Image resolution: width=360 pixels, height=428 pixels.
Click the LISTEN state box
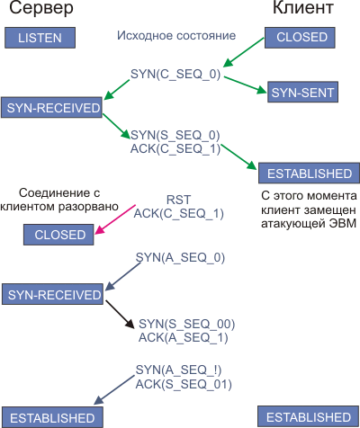pos(40,38)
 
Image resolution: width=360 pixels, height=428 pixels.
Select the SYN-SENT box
pos(302,92)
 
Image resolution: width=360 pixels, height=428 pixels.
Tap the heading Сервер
pos(41,8)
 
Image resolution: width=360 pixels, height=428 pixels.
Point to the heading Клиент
pos(303,8)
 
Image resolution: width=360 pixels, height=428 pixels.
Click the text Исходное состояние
pos(176,36)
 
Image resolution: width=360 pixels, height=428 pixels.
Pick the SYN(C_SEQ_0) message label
pos(175,74)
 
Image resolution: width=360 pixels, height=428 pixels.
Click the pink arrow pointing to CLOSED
pos(115,219)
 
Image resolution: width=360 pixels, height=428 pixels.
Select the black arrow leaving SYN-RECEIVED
pos(120,315)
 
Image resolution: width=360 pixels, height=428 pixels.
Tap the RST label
pos(178,200)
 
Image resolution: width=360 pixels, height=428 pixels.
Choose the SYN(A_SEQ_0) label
pos(180,258)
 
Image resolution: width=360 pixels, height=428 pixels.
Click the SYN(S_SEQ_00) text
pos(186,324)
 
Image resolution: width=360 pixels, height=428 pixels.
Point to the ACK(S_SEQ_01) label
pos(184,384)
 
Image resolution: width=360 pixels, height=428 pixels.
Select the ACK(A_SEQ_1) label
pos(183,338)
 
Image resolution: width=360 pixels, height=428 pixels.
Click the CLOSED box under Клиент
pos(300,38)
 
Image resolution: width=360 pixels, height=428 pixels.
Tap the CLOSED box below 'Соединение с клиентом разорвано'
pos(58,235)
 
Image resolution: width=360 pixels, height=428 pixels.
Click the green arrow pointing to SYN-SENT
pos(246,85)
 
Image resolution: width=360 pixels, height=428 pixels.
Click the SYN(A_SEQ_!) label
pos(178,370)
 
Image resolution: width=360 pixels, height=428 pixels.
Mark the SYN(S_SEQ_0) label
pos(175,135)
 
